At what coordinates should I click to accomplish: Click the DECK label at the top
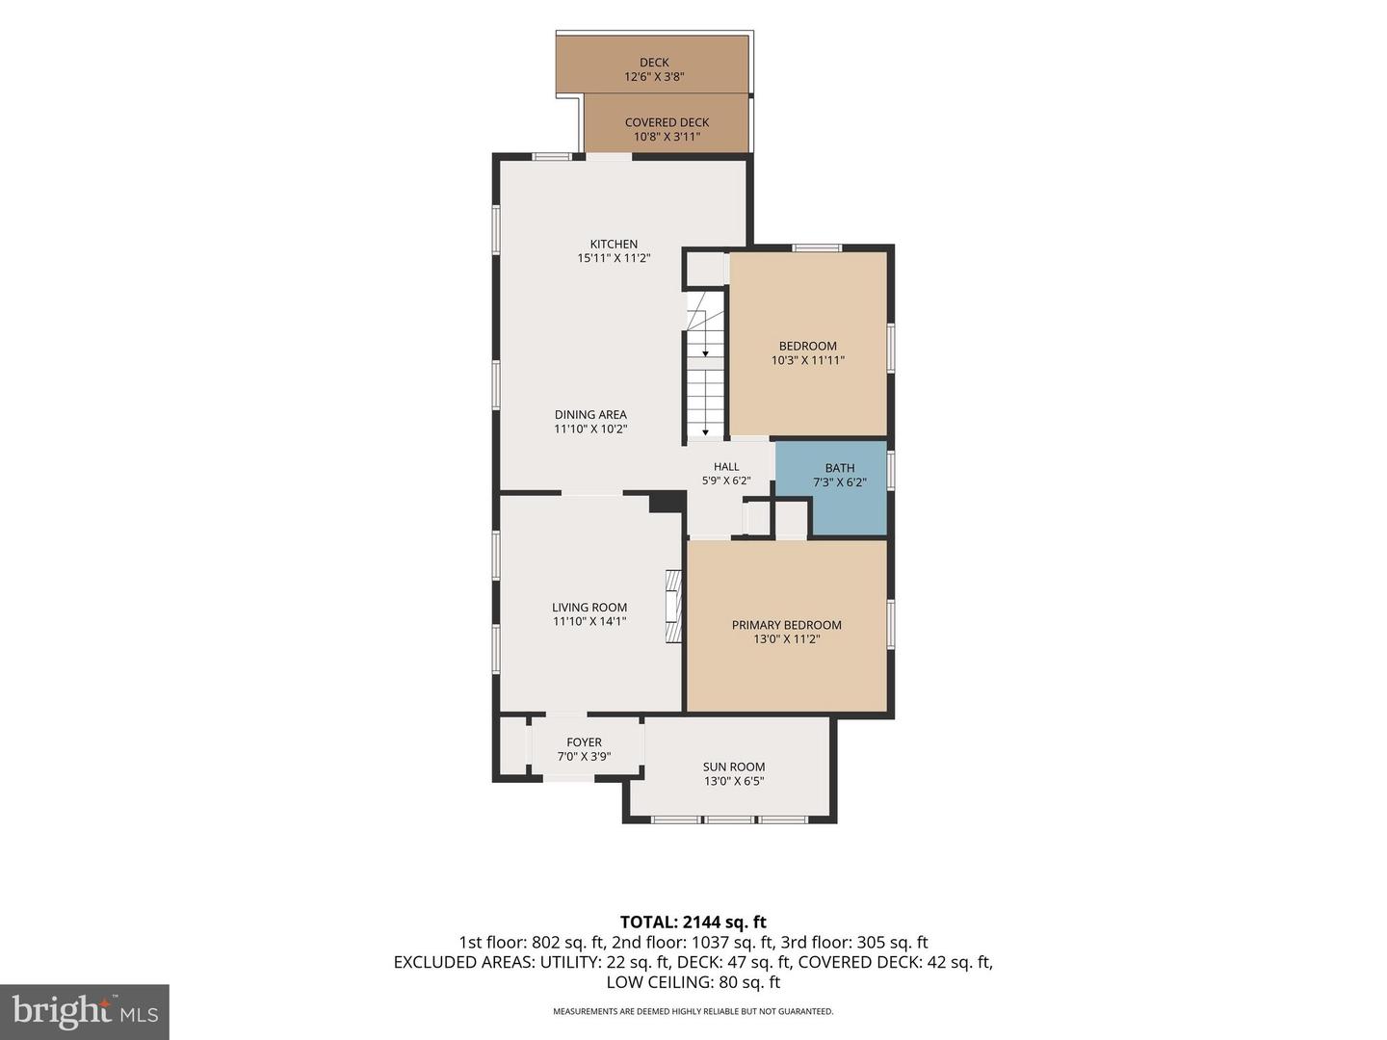pos(654,63)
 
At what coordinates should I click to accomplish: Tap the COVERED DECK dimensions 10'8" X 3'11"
pos(667,137)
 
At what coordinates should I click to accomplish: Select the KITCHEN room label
pos(614,244)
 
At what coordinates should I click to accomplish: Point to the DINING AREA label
pos(590,414)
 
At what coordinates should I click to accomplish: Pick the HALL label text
pos(726,467)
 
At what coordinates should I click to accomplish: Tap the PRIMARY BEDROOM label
pos(787,625)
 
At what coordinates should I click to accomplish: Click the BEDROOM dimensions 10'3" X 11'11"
pos(807,360)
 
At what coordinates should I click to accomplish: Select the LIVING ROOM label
pos(589,607)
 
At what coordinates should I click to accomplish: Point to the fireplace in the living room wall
pos(673,607)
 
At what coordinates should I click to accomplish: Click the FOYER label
pos(584,741)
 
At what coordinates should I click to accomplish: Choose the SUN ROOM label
pos(734,767)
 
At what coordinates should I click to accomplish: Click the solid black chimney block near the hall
pos(667,503)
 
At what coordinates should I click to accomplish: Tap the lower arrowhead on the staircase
pos(705,432)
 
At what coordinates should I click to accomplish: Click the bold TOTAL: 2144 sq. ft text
pos(693,922)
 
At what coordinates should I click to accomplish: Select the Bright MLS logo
pos(84,1011)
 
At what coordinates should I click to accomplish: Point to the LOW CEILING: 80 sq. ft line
pos(693,982)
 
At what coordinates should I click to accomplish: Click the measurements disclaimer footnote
pos(693,1011)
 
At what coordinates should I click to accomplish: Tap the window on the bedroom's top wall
pos(817,247)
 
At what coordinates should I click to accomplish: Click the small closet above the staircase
pos(706,270)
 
